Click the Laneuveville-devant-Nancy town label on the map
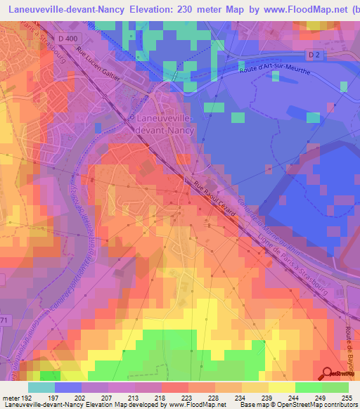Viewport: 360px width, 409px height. (161, 124)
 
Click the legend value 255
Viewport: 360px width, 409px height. (348, 397)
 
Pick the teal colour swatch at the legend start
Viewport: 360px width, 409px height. (41, 387)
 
